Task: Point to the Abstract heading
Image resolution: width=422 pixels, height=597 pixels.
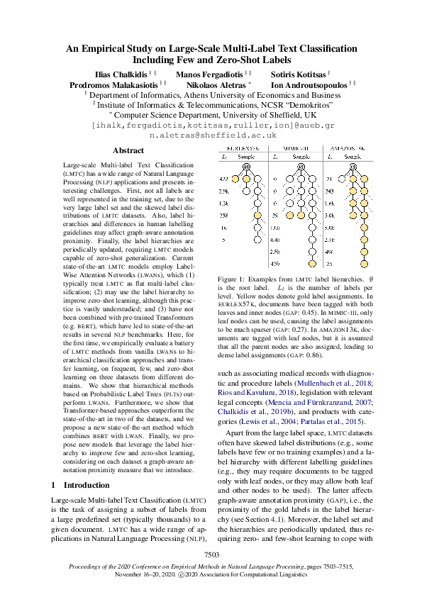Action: click(128, 151)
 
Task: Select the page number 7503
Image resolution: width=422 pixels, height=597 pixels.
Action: click(211, 554)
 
